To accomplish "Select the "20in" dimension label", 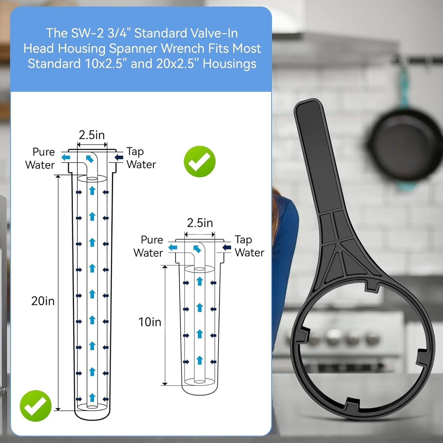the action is pyautogui.click(x=43, y=301).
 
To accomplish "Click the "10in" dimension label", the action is pyautogui.click(x=150, y=322).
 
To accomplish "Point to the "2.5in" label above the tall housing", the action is pyautogui.click(x=92, y=135).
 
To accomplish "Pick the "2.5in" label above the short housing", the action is pyautogui.click(x=200, y=223).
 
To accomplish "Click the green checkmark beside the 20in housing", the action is pyautogui.click(x=36, y=406).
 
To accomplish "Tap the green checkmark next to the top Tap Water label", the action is pyautogui.click(x=200, y=162).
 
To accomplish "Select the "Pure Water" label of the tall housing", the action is pyautogui.click(x=40, y=158).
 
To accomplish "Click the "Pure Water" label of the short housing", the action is pyautogui.click(x=148, y=246).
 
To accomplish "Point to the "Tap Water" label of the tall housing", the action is pyautogui.click(x=141, y=158).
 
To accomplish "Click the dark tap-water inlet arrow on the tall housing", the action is pyautogui.click(x=119, y=157).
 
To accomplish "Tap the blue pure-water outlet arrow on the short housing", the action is pyautogui.click(x=173, y=247).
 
